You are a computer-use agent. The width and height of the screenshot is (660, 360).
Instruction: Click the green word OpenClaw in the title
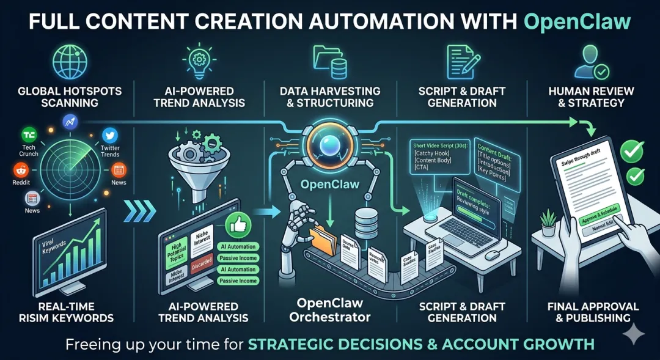[x=577, y=22]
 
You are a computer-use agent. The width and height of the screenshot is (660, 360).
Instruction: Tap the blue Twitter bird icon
[x=110, y=135]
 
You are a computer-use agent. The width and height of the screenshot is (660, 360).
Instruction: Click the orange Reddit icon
[x=19, y=169]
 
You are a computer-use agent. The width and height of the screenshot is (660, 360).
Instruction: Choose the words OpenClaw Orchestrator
[x=330, y=310]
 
